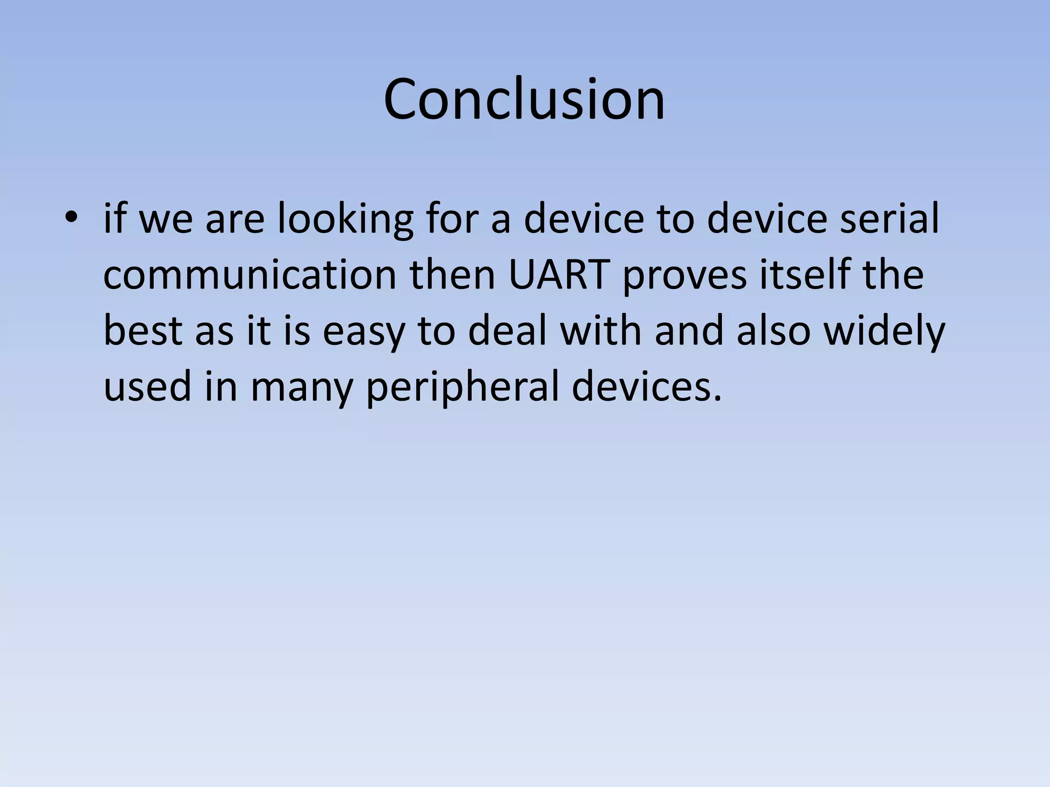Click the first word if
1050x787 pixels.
coord(114,219)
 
